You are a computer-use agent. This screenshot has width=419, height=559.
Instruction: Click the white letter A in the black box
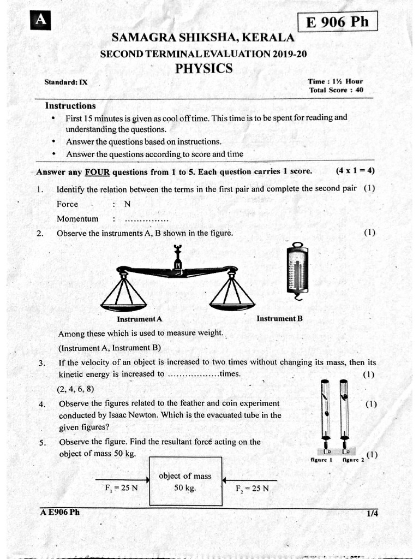coord(40,20)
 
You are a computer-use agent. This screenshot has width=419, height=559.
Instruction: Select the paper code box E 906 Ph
coord(337,22)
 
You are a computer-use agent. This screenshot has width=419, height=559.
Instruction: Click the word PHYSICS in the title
coord(203,69)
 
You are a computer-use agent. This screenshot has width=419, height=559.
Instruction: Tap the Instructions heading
coord(70,106)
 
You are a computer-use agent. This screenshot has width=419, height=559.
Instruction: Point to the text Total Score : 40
coord(336,90)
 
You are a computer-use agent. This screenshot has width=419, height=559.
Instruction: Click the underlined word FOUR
coord(97,171)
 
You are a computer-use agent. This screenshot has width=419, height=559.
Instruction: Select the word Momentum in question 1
coord(77,219)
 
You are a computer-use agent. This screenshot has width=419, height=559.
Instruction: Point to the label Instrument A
coord(140,319)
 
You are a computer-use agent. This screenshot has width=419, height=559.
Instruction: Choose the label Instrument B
coord(279,318)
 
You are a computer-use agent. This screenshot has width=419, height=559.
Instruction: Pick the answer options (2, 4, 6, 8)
coord(76,389)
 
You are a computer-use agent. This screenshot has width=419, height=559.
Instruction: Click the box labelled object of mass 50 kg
coord(185,481)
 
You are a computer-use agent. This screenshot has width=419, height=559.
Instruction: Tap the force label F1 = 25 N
coord(121,488)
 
